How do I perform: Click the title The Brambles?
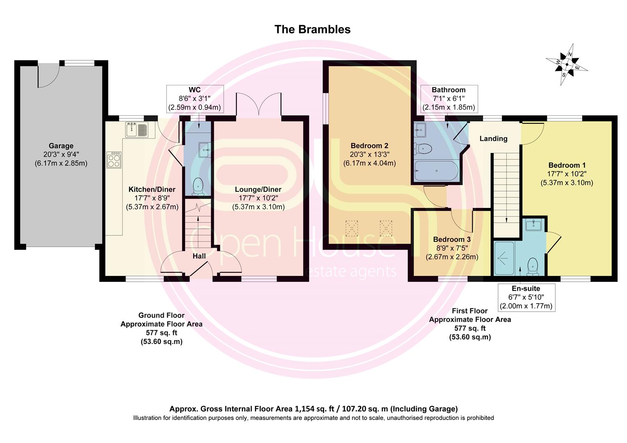click(312, 30)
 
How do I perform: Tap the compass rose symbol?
click(567, 64)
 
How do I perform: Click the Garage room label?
click(61, 146)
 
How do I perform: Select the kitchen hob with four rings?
click(114, 160)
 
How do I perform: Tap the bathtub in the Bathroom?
click(436, 170)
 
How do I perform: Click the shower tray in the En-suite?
click(504, 258)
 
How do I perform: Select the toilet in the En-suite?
click(532, 267)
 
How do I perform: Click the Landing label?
click(494, 139)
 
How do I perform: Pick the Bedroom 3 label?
click(452, 240)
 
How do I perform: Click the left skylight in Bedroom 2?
click(352, 228)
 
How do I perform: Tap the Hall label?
click(199, 256)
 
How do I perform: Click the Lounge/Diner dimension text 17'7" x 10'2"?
click(258, 198)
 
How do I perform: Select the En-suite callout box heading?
click(526, 288)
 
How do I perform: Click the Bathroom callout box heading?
click(449, 90)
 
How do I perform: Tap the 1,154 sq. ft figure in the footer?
click(315, 409)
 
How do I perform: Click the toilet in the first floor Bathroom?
click(422, 148)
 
